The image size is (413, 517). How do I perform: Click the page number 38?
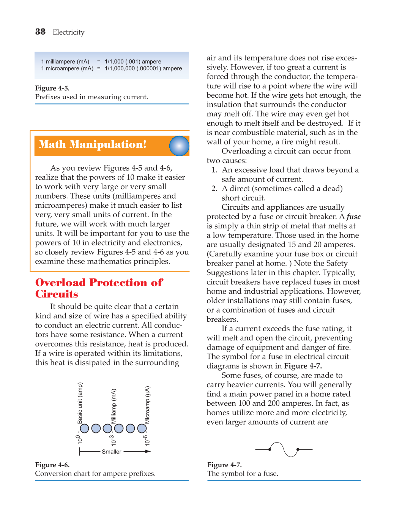click(40, 32)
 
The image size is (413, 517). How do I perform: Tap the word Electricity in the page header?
click(69, 32)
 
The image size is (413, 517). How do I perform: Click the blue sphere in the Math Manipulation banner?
click(179, 146)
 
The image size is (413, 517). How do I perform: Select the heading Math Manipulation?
click(93, 145)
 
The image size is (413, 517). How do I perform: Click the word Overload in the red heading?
click(60, 283)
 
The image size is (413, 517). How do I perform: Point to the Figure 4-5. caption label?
click(52, 88)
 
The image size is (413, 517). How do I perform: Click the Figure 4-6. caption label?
click(52, 465)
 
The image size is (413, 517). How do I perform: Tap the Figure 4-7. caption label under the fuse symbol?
click(224, 465)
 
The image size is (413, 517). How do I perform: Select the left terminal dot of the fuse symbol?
click(270, 449)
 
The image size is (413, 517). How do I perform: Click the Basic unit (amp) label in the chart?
click(80, 403)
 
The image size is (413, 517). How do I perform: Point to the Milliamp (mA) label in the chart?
click(114, 406)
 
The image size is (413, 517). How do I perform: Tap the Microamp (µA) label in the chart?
click(148, 405)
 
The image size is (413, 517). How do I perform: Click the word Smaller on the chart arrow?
click(112, 452)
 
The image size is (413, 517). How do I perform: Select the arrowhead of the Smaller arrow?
click(148, 451)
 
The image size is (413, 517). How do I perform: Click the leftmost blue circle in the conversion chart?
click(84, 428)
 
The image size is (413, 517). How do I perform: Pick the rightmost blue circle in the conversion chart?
click(142, 428)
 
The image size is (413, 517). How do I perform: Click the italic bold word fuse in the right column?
click(353, 217)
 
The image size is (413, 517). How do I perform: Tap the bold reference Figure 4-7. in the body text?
click(303, 366)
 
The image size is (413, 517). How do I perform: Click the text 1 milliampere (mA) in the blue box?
click(65, 62)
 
